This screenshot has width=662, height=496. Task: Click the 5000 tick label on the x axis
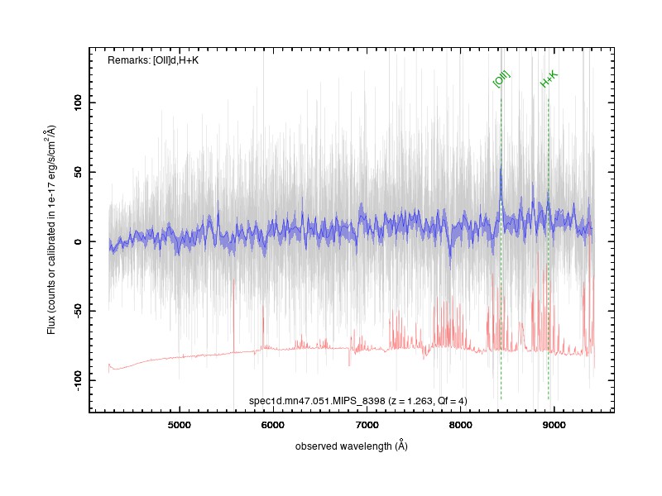180,425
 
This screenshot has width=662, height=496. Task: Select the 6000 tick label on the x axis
273,425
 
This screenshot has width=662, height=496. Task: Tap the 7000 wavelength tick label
367,425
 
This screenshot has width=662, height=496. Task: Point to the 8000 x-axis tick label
460,425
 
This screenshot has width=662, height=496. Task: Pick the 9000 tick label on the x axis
554,425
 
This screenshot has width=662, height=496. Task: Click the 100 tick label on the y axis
77,103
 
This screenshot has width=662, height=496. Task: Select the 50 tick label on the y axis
77,172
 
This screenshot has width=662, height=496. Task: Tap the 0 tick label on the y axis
77,241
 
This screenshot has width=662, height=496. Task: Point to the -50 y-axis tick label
77,312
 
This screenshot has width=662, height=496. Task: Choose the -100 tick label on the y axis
77,380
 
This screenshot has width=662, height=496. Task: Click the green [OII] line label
501,79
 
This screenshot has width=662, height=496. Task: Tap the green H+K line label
549,79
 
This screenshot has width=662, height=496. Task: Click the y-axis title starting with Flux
51,230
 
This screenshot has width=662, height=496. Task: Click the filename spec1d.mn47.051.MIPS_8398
317,401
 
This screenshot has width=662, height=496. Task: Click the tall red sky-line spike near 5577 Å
233,316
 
